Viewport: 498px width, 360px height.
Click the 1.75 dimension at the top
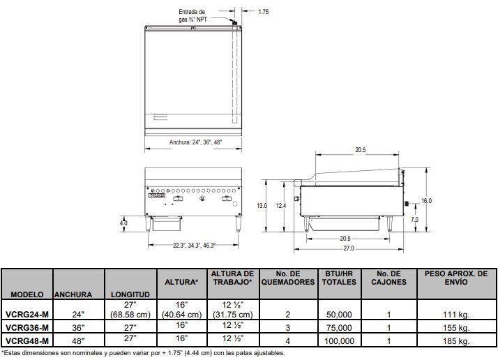(263, 12)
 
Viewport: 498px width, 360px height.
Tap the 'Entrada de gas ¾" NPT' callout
(193, 15)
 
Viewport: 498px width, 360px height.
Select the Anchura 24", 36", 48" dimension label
(195, 142)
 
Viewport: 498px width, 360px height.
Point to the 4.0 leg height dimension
(123, 223)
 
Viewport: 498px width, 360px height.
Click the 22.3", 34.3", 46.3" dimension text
(194, 246)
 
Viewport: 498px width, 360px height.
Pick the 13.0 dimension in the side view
(262, 206)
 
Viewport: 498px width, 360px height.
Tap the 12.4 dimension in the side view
(281, 206)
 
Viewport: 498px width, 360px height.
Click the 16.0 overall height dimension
(426, 201)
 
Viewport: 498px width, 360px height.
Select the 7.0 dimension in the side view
(414, 220)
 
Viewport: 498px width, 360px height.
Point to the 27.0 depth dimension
(349, 248)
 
